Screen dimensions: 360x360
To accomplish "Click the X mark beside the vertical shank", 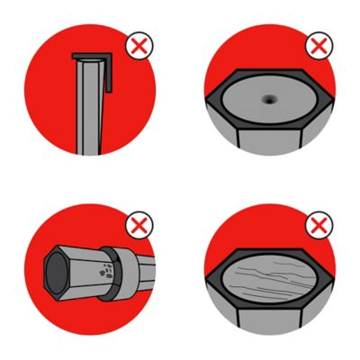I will click(137, 47).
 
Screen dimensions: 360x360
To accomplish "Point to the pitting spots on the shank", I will click(108, 270).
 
